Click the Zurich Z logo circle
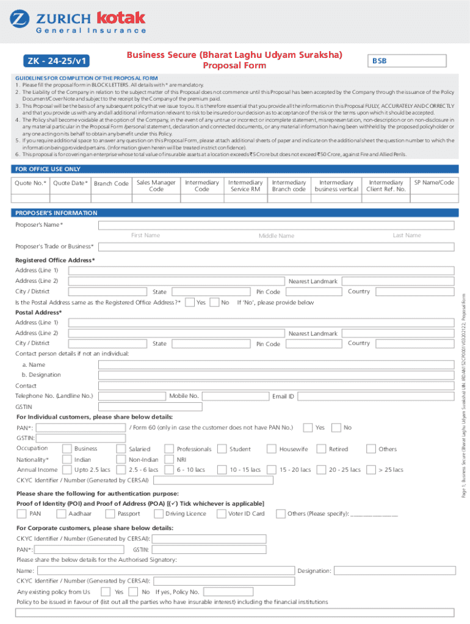(19, 18)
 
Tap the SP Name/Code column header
(434, 182)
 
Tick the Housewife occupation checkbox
(271, 448)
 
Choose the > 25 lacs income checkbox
(371, 470)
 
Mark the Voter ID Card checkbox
(221, 513)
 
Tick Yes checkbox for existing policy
(106, 591)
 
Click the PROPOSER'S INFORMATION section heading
(56, 213)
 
